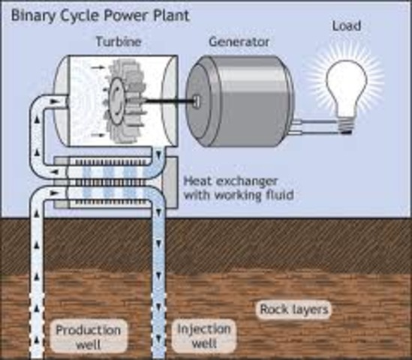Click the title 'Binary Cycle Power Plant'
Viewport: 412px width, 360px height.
click(x=98, y=14)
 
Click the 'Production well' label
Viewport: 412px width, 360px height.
click(x=88, y=337)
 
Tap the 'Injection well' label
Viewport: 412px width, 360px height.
click(x=204, y=336)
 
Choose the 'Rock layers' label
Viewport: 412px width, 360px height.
click(x=293, y=309)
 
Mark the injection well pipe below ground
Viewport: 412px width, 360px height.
click(x=160, y=285)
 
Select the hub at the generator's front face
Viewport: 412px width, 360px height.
click(x=196, y=101)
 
